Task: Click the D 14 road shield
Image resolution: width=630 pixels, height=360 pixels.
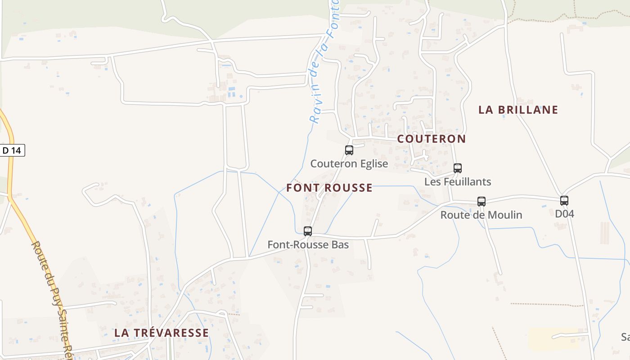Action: (x=12, y=150)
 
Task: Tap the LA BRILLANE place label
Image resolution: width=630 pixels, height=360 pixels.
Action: (x=518, y=110)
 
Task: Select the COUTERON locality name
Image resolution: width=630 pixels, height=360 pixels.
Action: (x=431, y=139)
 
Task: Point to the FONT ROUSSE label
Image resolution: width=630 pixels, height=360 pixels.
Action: (x=329, y=188)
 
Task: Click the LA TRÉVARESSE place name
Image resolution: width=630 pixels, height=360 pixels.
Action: (x=161, y=333)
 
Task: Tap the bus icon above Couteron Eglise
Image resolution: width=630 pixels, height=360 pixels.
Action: (x=349, y=150)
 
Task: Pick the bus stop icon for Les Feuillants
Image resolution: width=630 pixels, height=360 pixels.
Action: (x=458, y=168)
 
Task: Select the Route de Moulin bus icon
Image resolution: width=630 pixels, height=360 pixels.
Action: (x=481, y=202)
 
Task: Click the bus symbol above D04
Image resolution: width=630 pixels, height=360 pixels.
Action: (x=564, y=201)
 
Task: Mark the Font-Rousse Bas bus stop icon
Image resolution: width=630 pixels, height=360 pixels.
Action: (x=308, y=231)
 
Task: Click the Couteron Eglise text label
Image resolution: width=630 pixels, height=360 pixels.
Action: (x=349, y=164)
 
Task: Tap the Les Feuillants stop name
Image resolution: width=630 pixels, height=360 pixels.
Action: (x=458, y=182)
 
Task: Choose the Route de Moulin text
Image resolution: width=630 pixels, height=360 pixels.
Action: (x=481, y=215)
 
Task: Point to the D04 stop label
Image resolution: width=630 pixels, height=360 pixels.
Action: (x=564, y=214)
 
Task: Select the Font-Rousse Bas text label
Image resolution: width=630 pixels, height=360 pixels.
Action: (x=308, y=245)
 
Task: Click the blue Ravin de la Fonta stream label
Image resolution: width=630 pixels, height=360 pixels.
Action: (x=324, y=63)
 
